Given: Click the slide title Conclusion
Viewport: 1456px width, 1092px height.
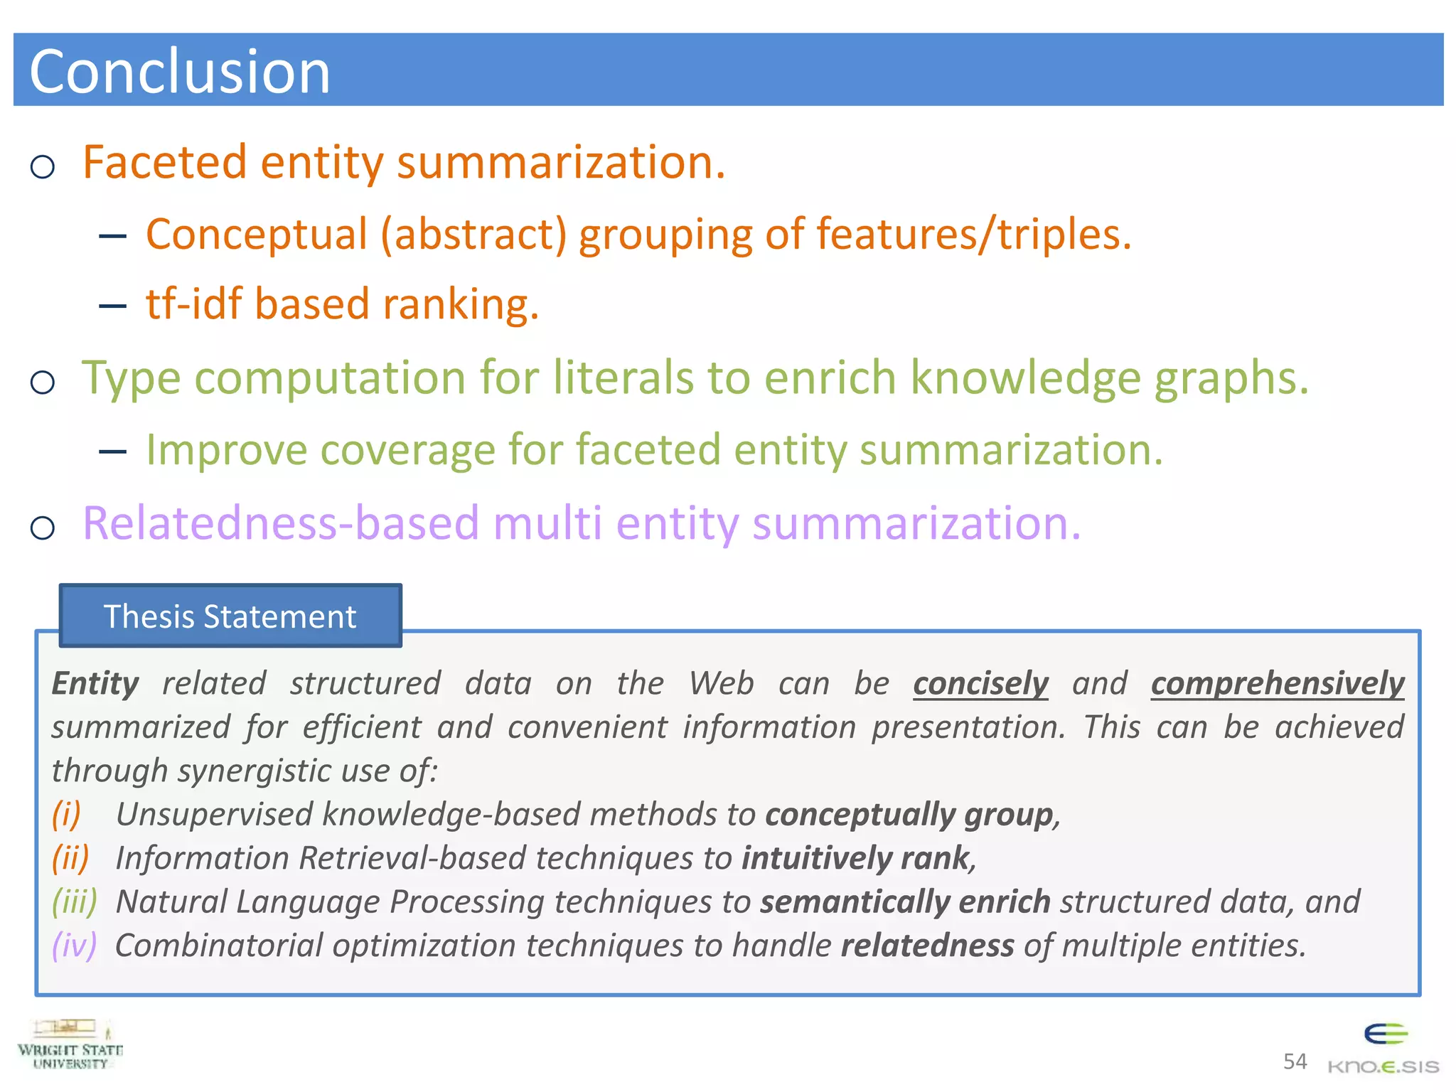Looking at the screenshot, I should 180,72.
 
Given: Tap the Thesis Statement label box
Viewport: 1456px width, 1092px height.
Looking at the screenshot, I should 230,616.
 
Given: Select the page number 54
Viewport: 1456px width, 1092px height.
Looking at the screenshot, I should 1295,1061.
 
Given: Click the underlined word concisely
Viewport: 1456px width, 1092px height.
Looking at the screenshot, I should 980,684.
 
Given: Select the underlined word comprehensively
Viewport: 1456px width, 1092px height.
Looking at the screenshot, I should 1277,684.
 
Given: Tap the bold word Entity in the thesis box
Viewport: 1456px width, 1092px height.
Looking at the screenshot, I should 95,684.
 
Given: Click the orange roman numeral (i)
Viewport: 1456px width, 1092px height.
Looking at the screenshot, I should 66,814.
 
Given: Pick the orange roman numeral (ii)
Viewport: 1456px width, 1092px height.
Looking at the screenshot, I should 70,858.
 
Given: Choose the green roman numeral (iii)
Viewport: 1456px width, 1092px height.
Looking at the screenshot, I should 74,901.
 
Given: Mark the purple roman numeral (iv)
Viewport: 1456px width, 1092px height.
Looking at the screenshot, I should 74,946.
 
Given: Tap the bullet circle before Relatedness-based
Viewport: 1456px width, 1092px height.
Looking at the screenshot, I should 43,528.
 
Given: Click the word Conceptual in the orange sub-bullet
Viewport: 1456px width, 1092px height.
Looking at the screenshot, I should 257,235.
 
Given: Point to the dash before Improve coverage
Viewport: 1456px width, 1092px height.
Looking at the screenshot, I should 113,451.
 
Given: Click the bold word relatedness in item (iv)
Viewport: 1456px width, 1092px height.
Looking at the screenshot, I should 927,946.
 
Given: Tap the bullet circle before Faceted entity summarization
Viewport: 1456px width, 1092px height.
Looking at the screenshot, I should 43,167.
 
